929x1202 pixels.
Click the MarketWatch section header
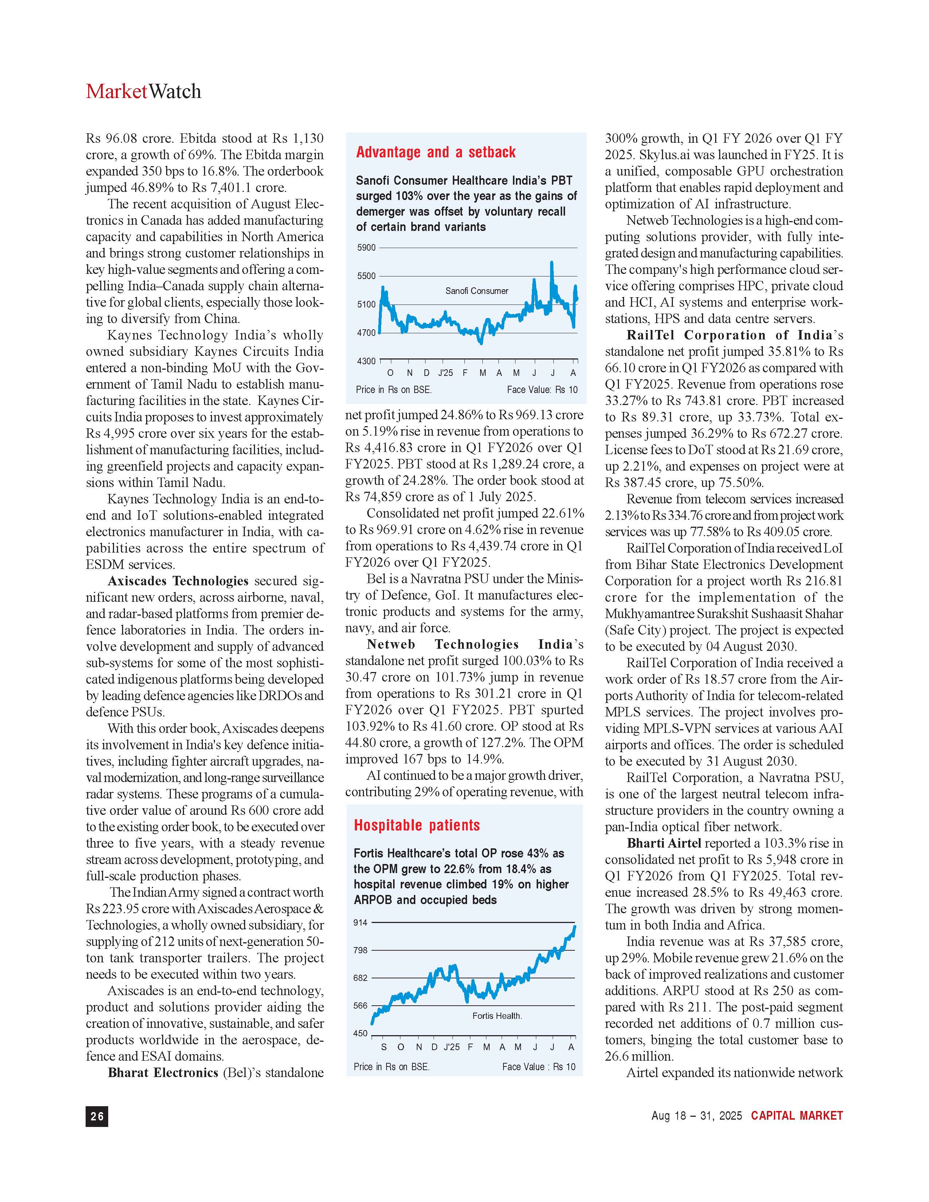pyautogui.click(x=143, y=91)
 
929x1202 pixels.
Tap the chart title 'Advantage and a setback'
pyautogui.click(x=435, y=153)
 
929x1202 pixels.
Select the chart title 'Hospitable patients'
pyautogui.click(x=417, y=825)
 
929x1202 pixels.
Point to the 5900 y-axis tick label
pyautogui.click(x=366, y=248)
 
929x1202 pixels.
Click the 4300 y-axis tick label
pyautogui.click(x=366, y=361)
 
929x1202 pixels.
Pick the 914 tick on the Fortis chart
pyautogui.click(x=360, y=922)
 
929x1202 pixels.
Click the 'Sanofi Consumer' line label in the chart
pyautogui.click(x=477, y=291)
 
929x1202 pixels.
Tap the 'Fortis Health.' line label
pyautogui.click(x=497, y=1016)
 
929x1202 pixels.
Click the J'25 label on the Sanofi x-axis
pyautogui.click(x=445, y=373)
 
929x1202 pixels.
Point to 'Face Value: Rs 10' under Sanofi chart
pyautogui.click(x=542, y=390)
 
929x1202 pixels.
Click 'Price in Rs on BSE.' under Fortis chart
pyautogui.click(x=391, y=1067)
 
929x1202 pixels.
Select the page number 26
pyautogui.click(x=97, y=1116)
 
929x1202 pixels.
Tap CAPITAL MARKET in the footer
pyautogui.click(x=797, y=1116)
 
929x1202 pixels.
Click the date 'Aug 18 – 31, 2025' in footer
pyautogui.click(x=696, y=1116)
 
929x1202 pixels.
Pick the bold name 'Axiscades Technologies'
pyautogui.click(x=178, y=581)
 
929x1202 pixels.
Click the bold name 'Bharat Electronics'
pyautogui.click(x=163, y=1073)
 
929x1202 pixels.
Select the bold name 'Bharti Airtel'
pyautogui.click(x=664, y=843)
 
